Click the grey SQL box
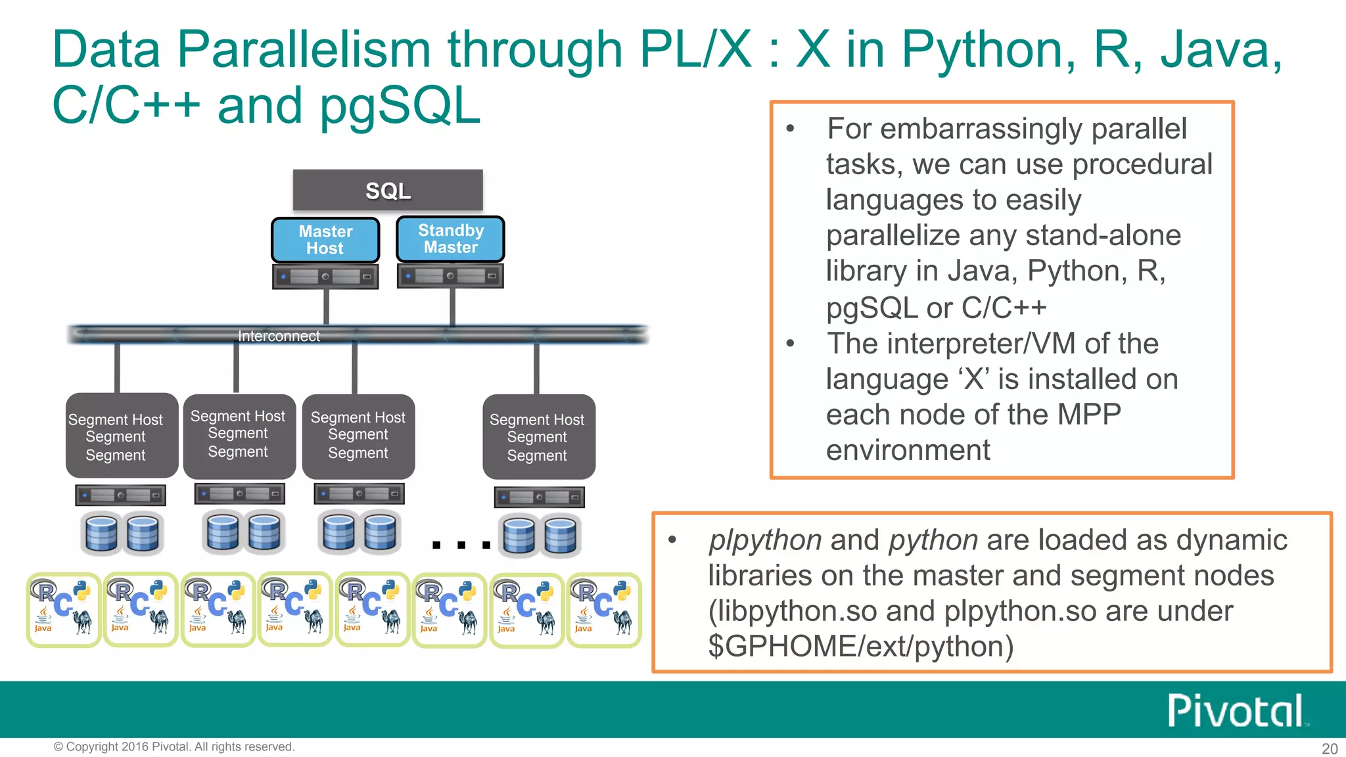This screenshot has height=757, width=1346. [x=388, y=191]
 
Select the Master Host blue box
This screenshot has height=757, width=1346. [x=325, y=240]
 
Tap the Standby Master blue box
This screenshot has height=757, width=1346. [x=450, y=239]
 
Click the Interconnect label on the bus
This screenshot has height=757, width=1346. [x=279, y=336]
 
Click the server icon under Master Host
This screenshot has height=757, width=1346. [x=325, y=277]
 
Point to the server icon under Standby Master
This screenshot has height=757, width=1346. [x=450, y=275]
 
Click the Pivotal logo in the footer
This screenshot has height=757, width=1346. [x=1236, y=710]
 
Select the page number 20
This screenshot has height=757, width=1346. [x=1329, y=748]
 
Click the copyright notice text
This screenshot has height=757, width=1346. [x=174, y=746]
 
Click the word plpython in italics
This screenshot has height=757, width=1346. [x=765, y=540]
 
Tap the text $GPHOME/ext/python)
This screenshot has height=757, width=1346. [x=860, y=647]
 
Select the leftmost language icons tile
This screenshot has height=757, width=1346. [x=63, y=610]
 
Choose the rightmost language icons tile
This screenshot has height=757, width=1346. [x=603, y=610]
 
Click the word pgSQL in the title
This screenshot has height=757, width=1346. [x=400, y=105]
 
